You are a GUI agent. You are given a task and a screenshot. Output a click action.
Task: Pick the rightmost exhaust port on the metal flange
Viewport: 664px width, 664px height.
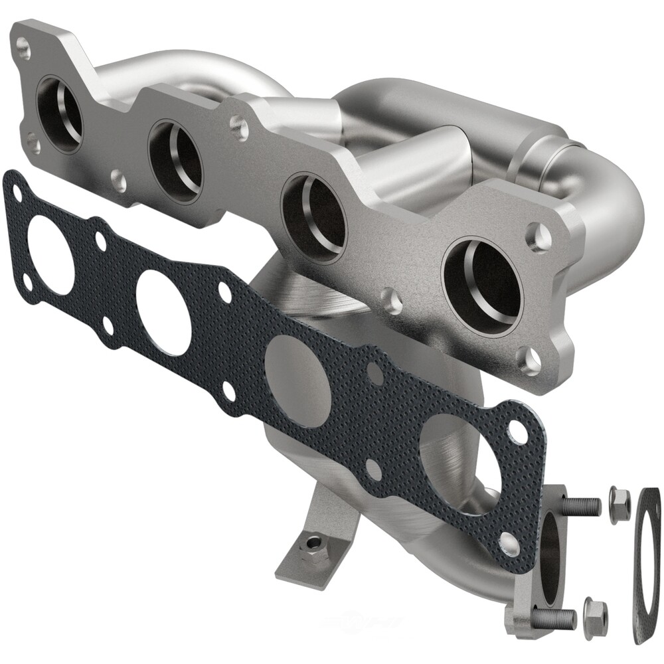click(x=482, y=282)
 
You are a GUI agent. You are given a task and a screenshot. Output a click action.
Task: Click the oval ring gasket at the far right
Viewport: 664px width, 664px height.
click(x=646, y=564)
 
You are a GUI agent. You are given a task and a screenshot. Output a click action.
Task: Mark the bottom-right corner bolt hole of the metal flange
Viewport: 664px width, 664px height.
click(x=529, y=361)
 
